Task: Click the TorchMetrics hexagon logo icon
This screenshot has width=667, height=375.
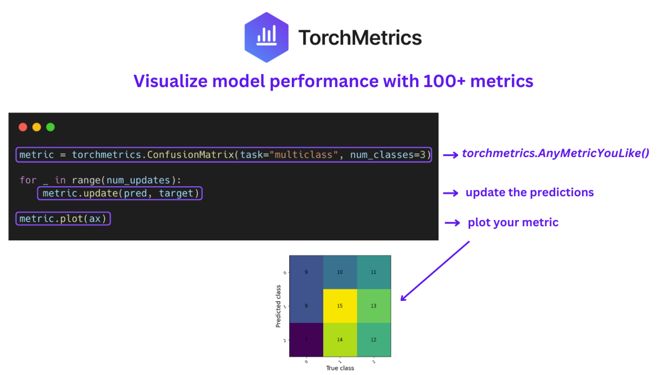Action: (266, 37)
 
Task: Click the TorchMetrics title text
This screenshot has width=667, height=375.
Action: (360, 38)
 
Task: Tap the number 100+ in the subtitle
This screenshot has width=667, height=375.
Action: (444, 81)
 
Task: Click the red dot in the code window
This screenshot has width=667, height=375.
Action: (23, 127)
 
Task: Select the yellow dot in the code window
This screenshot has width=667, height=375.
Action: (37, 127)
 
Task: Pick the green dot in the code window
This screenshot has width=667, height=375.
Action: (50, 127)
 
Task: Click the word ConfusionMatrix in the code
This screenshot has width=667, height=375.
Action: (190, 155)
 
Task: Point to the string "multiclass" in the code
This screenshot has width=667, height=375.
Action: (304, 155)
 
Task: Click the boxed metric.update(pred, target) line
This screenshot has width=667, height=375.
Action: (120, 193)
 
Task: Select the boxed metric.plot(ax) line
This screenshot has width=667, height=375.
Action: (63, 219)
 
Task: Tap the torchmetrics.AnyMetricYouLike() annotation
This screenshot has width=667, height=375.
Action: (555, 153)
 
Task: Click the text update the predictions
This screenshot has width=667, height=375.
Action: (529, 192)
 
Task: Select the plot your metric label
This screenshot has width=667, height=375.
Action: (513, 222)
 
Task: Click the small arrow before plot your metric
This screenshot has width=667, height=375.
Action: (452, 223)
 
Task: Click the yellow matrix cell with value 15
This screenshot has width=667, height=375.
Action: (340, 306)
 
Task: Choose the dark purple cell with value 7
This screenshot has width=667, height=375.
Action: (306, 339)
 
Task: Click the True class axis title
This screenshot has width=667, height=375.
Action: (340, 368)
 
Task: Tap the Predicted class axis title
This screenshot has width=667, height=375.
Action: (278, 306)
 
